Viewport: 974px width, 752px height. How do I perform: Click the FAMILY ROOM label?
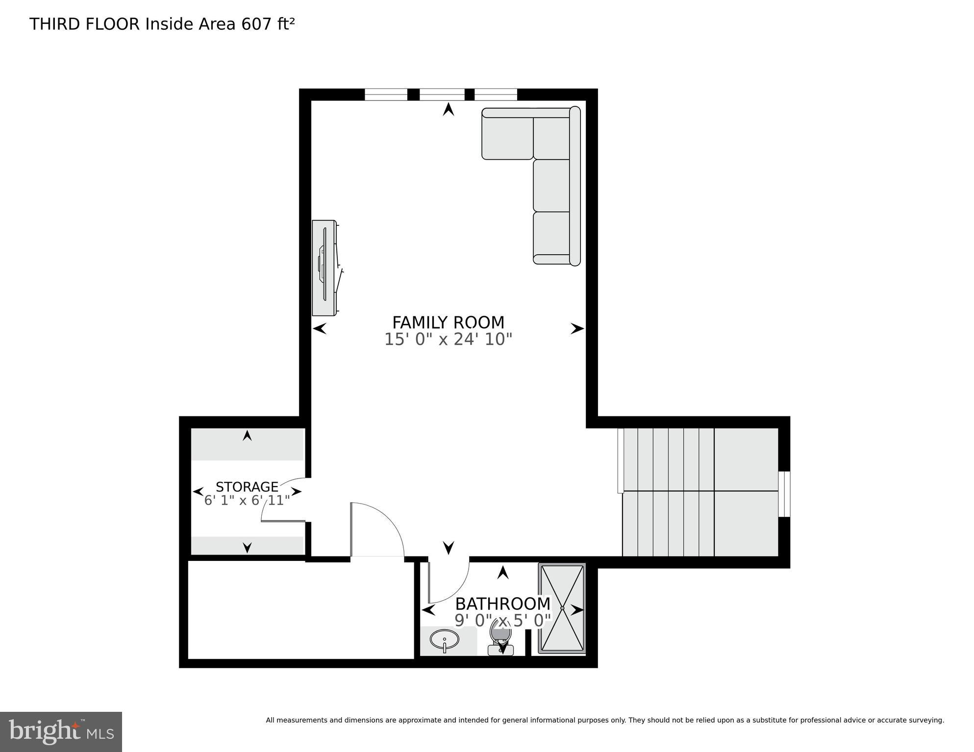[x=448, y=322]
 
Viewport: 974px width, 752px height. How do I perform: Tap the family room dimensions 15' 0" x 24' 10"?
[x=448, y=339]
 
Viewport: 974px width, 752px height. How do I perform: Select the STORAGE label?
[x=247, y=486]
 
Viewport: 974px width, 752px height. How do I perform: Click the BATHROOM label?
[x=502, y=603]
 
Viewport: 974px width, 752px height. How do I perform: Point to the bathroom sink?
[x=444, y=639]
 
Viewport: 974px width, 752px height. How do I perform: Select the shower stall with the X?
[x=562, y=608]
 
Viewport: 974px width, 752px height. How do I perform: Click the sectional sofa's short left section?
[x=507, y=135]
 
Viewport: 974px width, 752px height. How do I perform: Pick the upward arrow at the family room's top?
[x=448, y=109]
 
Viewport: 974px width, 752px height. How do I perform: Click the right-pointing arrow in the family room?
[x=577, y=329]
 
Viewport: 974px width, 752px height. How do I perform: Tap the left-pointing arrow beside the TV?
[x=320, y=329]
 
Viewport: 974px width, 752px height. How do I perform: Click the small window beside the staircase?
[x=784, y=494]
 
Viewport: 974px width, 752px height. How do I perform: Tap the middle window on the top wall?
[x=442, y=94]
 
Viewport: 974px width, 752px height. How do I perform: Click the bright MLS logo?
[x=61, y=732]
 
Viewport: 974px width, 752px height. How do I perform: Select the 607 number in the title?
[x=253, y=24]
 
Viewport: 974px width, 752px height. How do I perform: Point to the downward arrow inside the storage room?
[x=247, y=547]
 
